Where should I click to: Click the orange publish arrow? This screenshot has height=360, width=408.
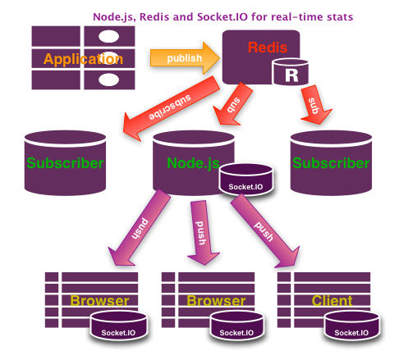(x=185, y=58)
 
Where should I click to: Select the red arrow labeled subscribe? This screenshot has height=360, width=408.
(x=171, y=108)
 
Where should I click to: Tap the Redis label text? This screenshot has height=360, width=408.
(x=268, y=48)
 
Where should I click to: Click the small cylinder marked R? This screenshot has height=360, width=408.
(x=291, y=71)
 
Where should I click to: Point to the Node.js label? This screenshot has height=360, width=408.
(x=193, y=163)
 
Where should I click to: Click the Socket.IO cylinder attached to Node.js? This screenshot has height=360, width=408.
(x=245, y=180)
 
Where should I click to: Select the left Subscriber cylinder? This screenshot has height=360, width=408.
(x=65, y=163)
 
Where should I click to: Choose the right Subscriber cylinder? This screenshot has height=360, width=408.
(x=331, y=163)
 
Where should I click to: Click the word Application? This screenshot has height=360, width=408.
(x=83, y=59)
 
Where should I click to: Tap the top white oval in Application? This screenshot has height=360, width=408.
(x=108, y=36)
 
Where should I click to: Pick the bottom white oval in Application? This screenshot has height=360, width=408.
(x=108, y=80)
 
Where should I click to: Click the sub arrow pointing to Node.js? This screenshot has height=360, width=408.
(x=232, y=104)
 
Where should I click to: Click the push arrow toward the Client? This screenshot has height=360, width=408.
(x=265, y=231)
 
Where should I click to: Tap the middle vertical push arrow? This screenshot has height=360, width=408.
(x=202, y=233)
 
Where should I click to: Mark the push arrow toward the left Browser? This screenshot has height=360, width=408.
(x=140, y=228)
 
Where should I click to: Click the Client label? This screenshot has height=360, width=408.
(x=332, y=301)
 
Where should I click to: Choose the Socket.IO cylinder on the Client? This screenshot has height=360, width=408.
(x=352, y=326)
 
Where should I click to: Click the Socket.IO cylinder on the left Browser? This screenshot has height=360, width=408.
(x=119, y=326)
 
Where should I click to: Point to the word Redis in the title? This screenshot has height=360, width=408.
(x=154, y=17)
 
